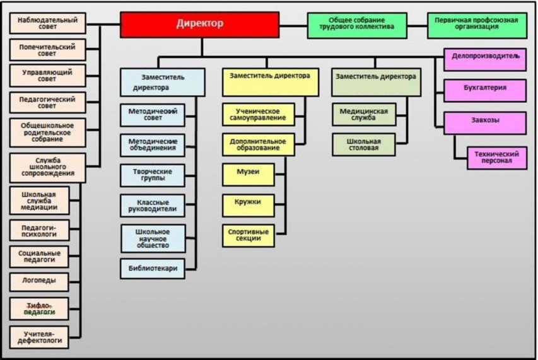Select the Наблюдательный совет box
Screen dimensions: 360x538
tap(47, 23)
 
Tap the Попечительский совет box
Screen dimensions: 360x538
tap(47, 50)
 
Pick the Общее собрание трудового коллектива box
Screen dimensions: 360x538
tap(356, 24)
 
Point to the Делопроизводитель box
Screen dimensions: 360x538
tap(484, 59)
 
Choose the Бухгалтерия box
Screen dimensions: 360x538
tap(484, 90)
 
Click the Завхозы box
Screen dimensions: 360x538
tap(484, 122)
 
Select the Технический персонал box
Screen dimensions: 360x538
tap(498, 158)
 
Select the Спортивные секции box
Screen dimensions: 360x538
tap(248, 235)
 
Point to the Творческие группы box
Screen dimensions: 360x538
tap(153, 175)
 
